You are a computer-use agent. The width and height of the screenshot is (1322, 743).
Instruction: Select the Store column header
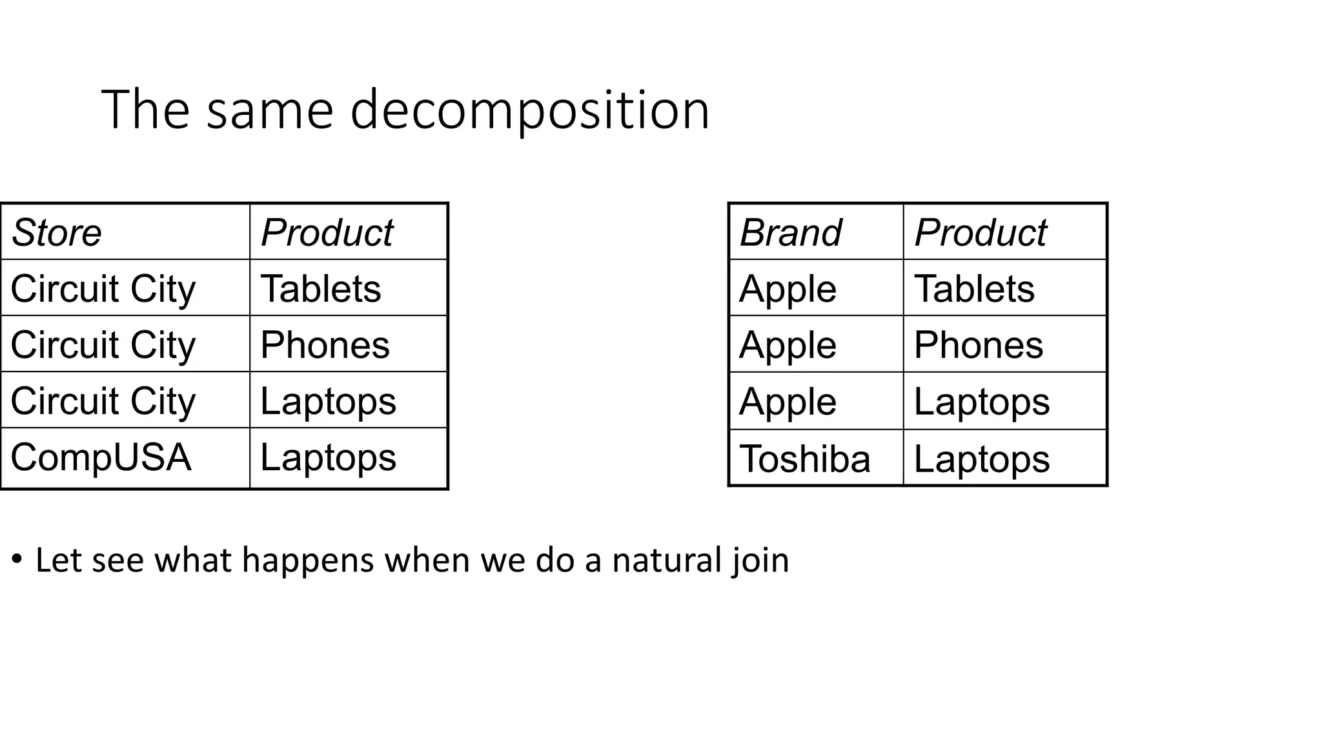click(x=57, y=232)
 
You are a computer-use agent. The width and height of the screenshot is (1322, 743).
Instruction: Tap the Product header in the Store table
click(x=327, y=232)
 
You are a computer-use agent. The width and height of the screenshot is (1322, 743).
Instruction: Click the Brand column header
click(x=790, y=232)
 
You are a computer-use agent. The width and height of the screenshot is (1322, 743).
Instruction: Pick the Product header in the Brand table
click(x=980, y=232)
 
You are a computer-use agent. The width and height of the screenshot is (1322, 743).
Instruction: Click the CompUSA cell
click(x=101, y=457)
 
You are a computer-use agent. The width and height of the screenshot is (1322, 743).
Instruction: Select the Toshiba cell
click(x=804, y=459)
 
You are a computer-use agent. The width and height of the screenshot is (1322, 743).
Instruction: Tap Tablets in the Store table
click(x=320, y=288)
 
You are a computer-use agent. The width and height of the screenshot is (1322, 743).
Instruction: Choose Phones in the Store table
click(x=325, y=344)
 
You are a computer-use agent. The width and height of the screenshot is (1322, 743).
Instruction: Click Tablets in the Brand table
click(x=974, y=288)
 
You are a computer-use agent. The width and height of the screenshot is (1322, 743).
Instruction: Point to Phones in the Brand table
click(x=978, y=344)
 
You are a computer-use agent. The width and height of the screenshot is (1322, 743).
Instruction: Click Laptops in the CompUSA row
click(x=328, y=457)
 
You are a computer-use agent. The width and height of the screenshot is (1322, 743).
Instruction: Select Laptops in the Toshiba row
click(x=981, y=459)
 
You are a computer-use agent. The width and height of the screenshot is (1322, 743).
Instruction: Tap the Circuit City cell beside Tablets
click(x=103, y=288)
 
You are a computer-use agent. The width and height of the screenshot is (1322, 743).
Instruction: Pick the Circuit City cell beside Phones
click(x=103, y=344)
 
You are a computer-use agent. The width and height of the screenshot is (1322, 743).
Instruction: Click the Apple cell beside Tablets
click(x=788, y=288)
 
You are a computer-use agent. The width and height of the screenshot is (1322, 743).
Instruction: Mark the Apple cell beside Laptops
click(x=788, y=401)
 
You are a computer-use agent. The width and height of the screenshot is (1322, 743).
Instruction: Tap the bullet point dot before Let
click(x=17, y=559)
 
